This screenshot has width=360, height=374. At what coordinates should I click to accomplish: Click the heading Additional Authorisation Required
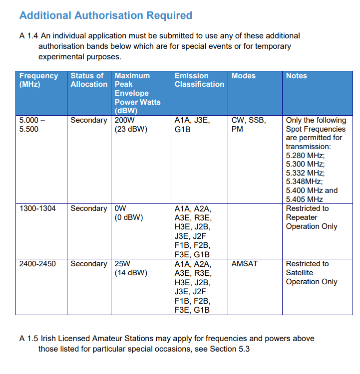[x=105, y=15]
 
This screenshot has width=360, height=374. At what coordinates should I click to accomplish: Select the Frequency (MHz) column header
[x=38, y=80]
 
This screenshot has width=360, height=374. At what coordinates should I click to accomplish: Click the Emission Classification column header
[x=199, y=80]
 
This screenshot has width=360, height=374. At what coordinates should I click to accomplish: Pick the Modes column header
[x=244, y=76]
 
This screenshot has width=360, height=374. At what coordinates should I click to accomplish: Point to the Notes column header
[x=297, y=76]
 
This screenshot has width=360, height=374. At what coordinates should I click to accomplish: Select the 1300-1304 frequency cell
[x=37, y=208]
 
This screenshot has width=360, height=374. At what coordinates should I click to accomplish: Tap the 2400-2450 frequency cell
[x=37, y=264]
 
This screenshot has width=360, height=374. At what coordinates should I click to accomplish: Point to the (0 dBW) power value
[x=129, y=217]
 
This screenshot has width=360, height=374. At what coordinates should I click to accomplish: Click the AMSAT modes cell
[x=245, y=264]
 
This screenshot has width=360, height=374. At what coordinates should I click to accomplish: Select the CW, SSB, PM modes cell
[x=249, y=125]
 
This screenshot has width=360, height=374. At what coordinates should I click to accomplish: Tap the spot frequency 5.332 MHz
[x=305, y=173]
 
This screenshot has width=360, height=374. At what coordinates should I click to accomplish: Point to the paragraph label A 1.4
[x=28, y=36]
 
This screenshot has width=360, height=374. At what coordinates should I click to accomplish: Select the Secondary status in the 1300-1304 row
[x=89, y=208]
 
